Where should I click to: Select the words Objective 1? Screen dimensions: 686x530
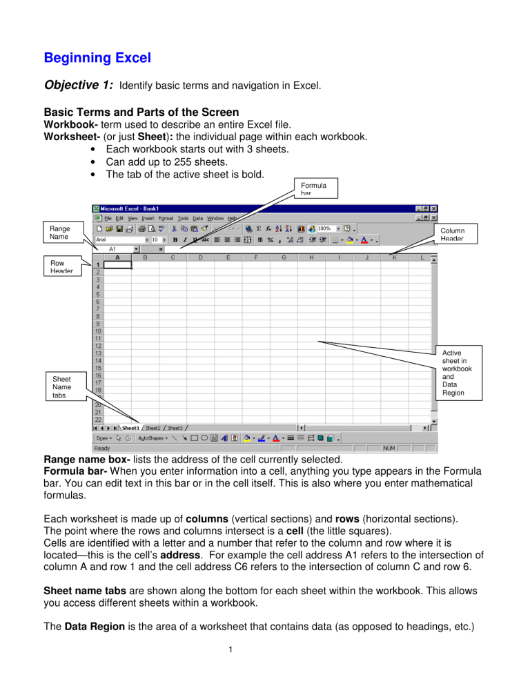tap(79, 86)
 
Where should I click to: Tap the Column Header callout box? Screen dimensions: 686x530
tap(454, 235)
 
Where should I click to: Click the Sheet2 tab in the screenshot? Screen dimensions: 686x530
tap(153, 428)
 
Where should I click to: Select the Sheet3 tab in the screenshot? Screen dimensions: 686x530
tap(175, 428)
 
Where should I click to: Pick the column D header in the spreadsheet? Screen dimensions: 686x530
tap(200, 257)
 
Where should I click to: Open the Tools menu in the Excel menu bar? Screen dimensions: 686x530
tap(183, 218)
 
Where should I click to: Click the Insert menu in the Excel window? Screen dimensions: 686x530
tap(148, 218)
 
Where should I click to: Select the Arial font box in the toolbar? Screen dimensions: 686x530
tap(117, 239)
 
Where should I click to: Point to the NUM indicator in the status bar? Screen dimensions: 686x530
tap(391, 448)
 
